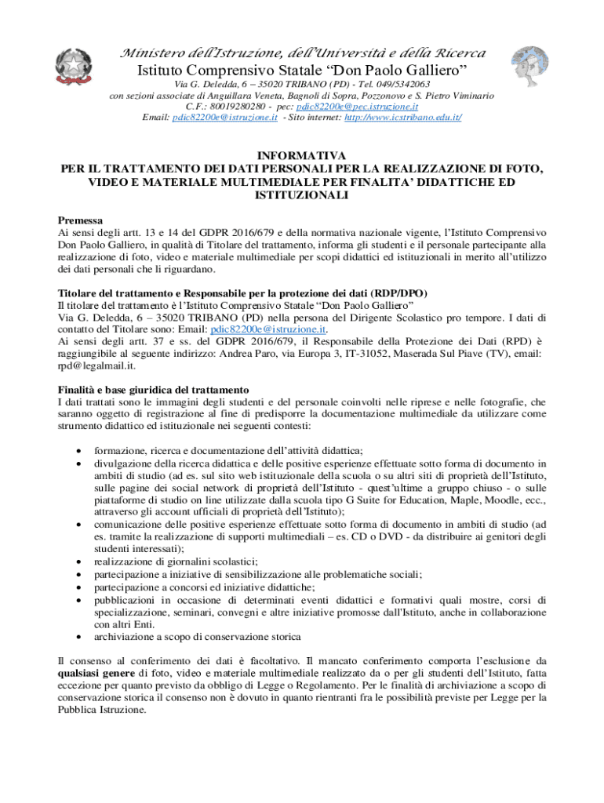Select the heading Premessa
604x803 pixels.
81,221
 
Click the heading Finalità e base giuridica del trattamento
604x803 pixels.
154,390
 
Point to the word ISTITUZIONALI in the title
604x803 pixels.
301,194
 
